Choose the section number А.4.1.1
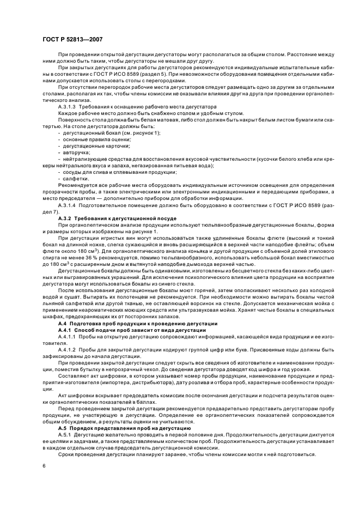point(68,336)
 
